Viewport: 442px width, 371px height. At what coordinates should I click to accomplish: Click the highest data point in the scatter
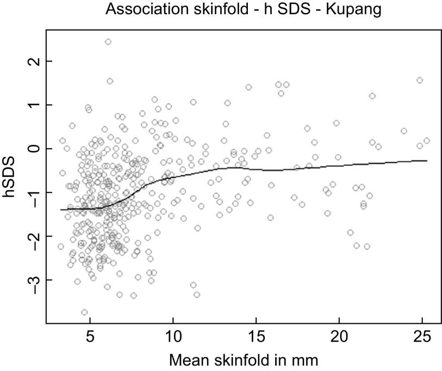coord(108,42)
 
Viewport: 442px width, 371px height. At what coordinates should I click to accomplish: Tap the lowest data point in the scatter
coord(84,312)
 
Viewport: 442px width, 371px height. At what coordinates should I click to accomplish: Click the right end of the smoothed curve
coord(427,161)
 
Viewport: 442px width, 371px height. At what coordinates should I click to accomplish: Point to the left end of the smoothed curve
coord(61,209)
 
